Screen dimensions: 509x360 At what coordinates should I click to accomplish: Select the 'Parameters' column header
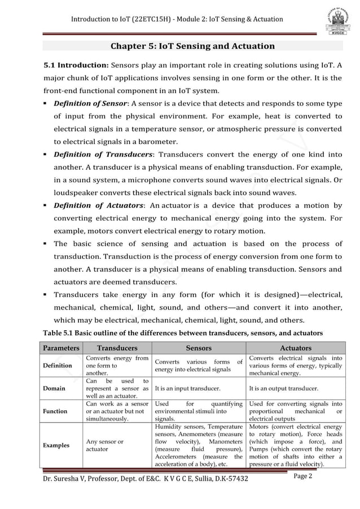(x=59, y=348)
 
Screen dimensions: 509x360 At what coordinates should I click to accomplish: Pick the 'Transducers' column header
(x=117, y=348)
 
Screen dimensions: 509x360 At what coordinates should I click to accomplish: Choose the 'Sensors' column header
(x=199, y=348)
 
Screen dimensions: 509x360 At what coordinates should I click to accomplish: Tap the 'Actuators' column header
(x=295, y=348)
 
